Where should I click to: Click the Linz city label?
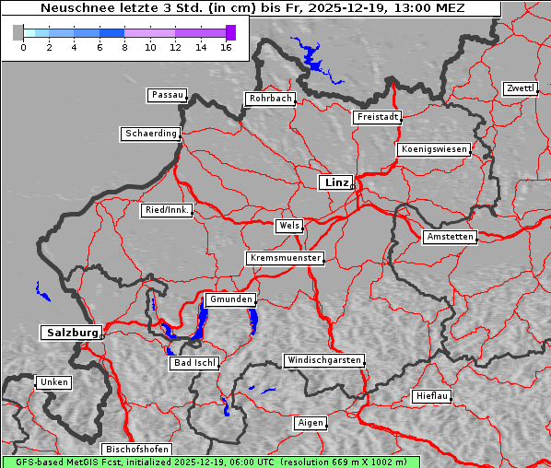pyautogui.click(x=336, y=182)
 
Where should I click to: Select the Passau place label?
pyautogui.click(x=167, y=95)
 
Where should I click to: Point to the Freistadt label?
pyautogui.click(x=377, y=117)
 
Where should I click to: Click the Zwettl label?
pyautogui.click(x=520, y=88)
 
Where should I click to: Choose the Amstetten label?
pyautogui.click(x=449, y=237)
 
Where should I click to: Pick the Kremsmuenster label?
pyautogui.click(x=285, y=258)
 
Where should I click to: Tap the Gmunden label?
pyautogui.click(x=229, y=299)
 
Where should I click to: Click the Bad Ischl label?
pyautogui.click(x=194, y=363)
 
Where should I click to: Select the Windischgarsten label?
pyautogui.click(x=322, y=360)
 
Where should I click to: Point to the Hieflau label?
pyautogui.click(x=432, y=396)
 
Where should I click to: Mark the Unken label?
pyautogui.click(x=53, y=381)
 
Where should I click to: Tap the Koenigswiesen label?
pyautogui.click(x=434, y=149)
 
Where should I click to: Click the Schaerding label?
pyautogui.click(x=150, y=134)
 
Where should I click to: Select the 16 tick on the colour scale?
pyautogui.click(x=226, y=47)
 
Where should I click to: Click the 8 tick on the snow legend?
pyautogui.click(x=124, y=47)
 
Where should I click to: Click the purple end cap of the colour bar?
pyautogui.click(x=230, y=32)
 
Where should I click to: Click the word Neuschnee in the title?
pyautogui.click(x=69, y=8)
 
